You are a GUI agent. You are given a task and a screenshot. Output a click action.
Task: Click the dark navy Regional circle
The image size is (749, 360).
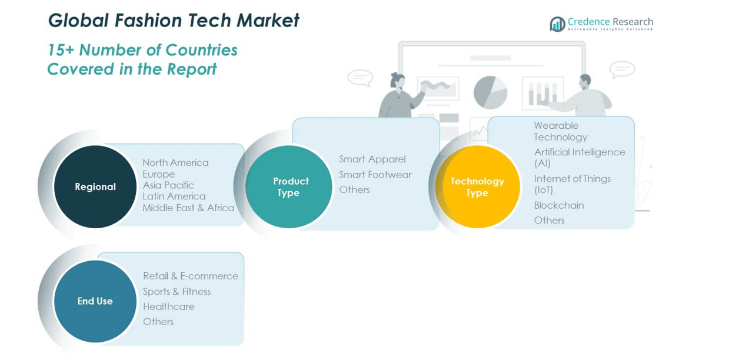click(x=95, y=187)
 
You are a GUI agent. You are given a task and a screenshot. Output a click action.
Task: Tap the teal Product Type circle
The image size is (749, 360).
click(x=289, y=187)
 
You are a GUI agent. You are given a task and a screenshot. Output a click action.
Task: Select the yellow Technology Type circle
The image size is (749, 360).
click(x=477, y=187)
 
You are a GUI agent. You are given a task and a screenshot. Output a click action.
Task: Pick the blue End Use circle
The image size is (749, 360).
click(x=95, y=301)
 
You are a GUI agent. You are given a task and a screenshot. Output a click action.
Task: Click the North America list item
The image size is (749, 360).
click(x=175, y=163)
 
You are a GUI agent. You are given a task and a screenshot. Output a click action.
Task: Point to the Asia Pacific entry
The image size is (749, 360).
click(x=168, y=185)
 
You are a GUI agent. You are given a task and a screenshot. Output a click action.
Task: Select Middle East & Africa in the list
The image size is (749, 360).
click(x=188, y=208)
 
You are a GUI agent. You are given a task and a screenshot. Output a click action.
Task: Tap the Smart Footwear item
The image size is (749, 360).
click(x=375, y=175)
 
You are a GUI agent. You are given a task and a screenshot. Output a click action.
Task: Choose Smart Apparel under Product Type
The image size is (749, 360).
click(x=372, y=159)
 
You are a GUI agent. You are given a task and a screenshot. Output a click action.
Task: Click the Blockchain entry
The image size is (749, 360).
click(x=559, y=205)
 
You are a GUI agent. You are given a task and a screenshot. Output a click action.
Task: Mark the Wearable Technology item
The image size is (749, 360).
click(x=561, y=131)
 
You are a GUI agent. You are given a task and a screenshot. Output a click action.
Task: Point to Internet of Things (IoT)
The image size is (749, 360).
click(x=572, y=184)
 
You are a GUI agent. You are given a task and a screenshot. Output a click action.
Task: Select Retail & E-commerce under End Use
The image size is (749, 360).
click(x=191, y=276)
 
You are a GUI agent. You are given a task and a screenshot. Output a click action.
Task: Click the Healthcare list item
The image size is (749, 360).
click(x=169, y=306)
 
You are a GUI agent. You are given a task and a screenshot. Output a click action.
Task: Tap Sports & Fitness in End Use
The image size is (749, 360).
click(x=177, y=292)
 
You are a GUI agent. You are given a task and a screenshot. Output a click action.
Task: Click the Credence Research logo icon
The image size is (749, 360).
click(x=557, y=24)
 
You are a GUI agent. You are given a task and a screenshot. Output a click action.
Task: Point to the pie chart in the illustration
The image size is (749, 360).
click(x=490, y=92)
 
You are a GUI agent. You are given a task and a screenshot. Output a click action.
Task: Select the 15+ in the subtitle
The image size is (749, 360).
click(x=61, y=51)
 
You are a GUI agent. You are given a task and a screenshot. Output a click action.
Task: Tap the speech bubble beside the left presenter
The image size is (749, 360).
click(x=360, y=78)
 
